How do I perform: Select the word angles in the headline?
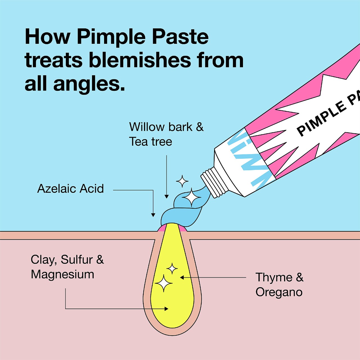89,84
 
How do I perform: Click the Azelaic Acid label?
71,188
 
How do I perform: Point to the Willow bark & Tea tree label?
166,134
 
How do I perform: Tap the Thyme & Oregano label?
279,285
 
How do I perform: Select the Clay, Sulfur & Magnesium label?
67,267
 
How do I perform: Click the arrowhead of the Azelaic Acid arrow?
153,215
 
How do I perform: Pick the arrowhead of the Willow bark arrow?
166,197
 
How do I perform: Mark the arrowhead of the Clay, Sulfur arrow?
166,309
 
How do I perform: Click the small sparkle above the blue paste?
182,181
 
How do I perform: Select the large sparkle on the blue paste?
192,198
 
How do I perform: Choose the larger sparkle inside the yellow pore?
163,283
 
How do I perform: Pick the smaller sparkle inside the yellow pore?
172,269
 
